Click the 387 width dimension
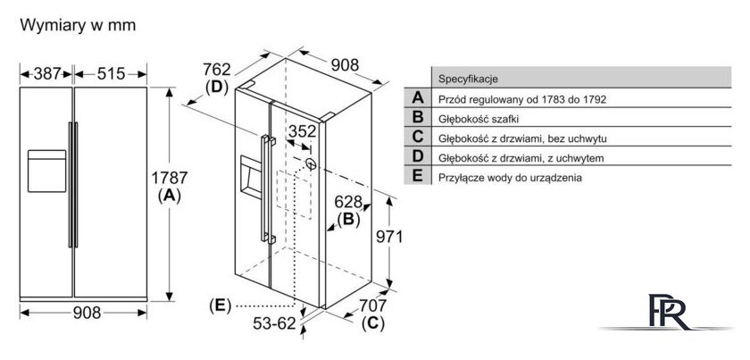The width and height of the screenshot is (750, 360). point(47,74)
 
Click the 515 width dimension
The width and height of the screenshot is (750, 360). point(111,74)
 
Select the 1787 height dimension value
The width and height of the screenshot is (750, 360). point(170,178)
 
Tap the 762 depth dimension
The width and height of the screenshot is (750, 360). point(217,70)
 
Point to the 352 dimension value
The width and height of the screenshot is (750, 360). point(303,131)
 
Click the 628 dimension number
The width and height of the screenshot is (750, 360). point(347,202)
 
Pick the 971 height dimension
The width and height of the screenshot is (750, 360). point(389,237)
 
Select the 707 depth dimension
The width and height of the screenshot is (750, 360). point(372,306)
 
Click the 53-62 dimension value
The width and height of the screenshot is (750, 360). point(275,324)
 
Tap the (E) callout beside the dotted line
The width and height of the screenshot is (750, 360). point(220,306)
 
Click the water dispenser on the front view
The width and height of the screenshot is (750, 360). point(46,171)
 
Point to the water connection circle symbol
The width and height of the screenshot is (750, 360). point(311,164)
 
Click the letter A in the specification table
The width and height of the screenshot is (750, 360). point(418,98)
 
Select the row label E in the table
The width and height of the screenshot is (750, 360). point(418,176)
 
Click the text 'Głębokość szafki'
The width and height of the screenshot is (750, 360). point(479,119)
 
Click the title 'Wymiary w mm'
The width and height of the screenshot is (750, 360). point(78,25)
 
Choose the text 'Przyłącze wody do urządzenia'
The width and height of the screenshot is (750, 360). point(511,178)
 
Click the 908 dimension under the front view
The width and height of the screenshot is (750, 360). point(87,313)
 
